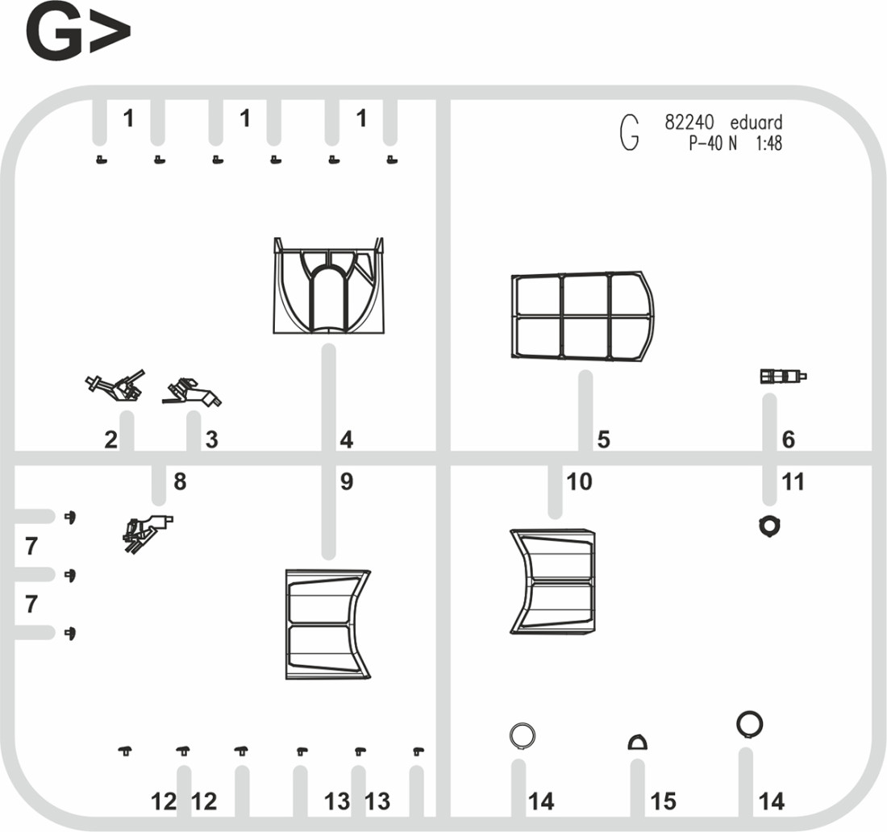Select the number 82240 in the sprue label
pos(689,123)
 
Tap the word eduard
pos(756,123)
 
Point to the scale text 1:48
pos(768,144)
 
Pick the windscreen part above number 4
pos(329,285)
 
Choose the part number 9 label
pos(347,482)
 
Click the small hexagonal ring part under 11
pos(769,526)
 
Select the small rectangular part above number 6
pos(783,376)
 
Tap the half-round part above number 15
pos(638,742)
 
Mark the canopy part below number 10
pos(552,581)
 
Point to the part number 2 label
pos(111,439)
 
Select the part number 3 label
pos(211,439)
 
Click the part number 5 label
pos(604,439)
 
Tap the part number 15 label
pos(663,801)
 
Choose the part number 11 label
pos(793,482)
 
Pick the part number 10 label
pos(579,482)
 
